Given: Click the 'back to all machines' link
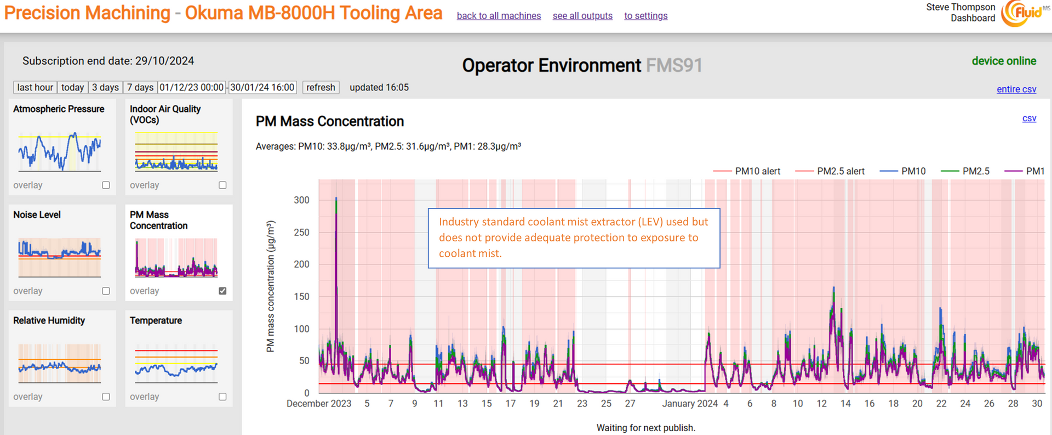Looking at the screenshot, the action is point(499,16).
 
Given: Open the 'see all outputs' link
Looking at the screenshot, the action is point(582,16).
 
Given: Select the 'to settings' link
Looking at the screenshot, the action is point(646,16).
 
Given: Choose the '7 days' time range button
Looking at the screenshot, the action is point(140,87).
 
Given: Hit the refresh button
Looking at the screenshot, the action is point(321,87).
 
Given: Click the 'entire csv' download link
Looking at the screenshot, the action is point(1016,89).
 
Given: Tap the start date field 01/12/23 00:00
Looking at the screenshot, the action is point(192,87).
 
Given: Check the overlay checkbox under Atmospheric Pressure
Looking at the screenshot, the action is point(106,185).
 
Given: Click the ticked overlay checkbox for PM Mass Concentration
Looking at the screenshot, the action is point(222,291).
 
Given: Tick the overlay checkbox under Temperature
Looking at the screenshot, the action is point(222,397).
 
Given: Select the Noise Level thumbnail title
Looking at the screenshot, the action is point(37,214).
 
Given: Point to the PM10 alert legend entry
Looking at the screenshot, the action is point(747,171).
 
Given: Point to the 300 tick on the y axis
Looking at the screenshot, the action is point(301,200).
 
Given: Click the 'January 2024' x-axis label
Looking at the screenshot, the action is point(690,404).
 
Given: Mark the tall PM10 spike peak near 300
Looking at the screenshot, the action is point(336,198).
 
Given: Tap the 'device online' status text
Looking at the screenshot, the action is point(1004,61).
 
